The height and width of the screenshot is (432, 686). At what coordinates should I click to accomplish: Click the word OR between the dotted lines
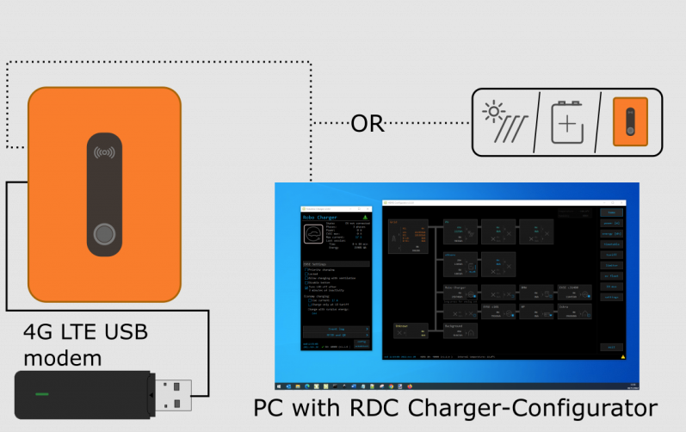367,124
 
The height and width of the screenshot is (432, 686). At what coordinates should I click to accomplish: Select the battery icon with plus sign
565,126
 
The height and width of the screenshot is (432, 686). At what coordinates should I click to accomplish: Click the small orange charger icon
630,123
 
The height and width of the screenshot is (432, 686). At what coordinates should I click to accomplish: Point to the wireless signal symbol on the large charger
104,156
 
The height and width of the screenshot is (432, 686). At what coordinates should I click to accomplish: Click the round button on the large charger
104,234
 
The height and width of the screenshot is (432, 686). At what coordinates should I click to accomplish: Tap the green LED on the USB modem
41,393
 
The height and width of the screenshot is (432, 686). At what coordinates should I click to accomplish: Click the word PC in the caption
272,407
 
